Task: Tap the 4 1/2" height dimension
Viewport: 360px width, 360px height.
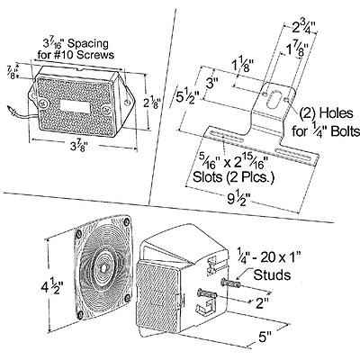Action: pyautogui.click(x=52, y=287)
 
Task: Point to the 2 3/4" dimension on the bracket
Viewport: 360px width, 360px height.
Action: pyautogui.click(x=304, y=29)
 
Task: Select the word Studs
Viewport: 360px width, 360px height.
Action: pyautogui.click(x=272, y=274)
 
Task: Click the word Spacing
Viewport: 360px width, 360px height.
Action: pyautogui.click(x=88, y=44)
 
